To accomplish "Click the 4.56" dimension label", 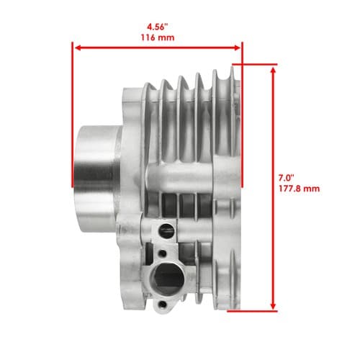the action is click(157, 27).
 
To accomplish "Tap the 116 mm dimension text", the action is click(158, 37).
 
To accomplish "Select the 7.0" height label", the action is click(286, 178).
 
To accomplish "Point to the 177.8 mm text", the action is click(299, 189).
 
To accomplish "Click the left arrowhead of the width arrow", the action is click(78, 48).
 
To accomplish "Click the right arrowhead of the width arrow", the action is click(237, 48).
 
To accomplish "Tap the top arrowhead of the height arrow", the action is click(273, 70).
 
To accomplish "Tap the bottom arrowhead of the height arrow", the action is click(273, 306).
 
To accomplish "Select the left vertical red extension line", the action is click(72, 114).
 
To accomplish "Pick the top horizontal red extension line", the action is click(255, 64).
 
